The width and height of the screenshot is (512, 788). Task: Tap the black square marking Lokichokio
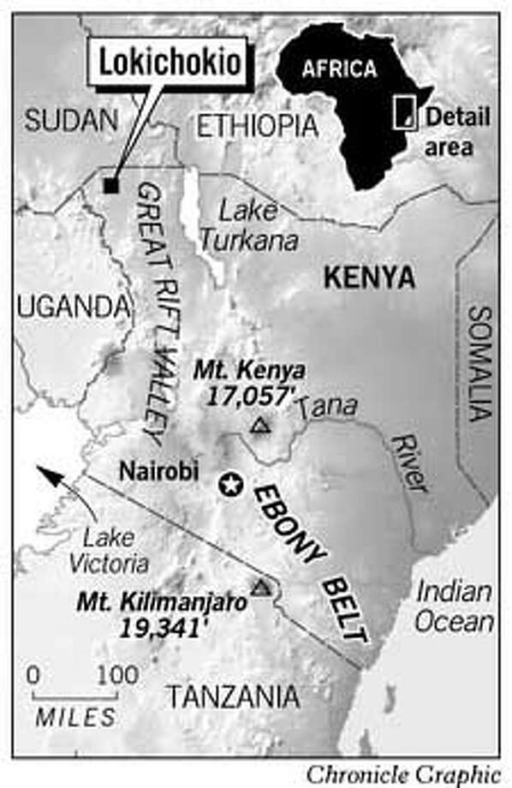110,184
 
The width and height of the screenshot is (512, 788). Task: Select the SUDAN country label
70,121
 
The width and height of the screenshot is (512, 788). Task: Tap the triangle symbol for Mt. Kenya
259,424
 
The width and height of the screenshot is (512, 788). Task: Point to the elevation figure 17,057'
248,397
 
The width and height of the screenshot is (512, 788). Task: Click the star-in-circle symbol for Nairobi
229,484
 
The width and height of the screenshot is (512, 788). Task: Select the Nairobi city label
159,471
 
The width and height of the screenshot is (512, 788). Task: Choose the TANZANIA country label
232,698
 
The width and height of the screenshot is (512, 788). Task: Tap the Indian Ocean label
455,606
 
